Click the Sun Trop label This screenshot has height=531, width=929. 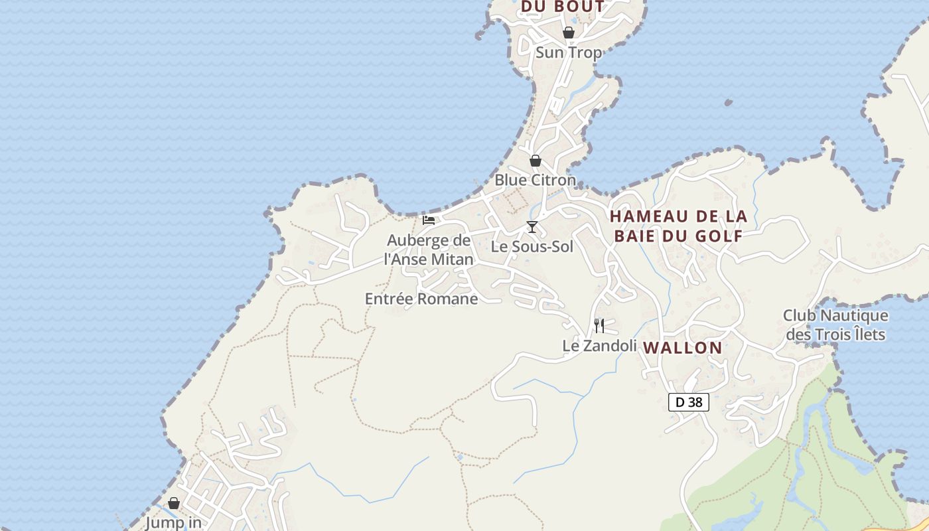click(568, 52)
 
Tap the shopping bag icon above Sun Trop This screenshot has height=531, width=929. click(569, 33)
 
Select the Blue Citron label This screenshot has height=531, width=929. click(535, 180)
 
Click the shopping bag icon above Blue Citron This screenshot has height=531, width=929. click(536, 161)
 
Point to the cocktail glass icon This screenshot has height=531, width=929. click(532, 227)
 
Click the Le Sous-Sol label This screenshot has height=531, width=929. click(532, 247)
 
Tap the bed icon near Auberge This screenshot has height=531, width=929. click(429, 220)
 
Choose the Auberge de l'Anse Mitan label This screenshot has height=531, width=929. click(429, 250)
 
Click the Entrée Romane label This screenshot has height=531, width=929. click(421, 299)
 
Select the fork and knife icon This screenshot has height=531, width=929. click(599, 325)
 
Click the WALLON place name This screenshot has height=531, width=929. click(683, 347)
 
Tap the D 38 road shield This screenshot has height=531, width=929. click(688, 402)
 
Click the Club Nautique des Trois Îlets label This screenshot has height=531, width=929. click(835, 325)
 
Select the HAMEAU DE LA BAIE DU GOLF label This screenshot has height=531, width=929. click(678, 226)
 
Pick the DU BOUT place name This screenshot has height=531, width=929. click(563, 7)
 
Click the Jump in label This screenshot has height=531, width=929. click(173, 522)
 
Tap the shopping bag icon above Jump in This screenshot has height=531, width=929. click(174, 504)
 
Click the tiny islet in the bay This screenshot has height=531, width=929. click(728, 103)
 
